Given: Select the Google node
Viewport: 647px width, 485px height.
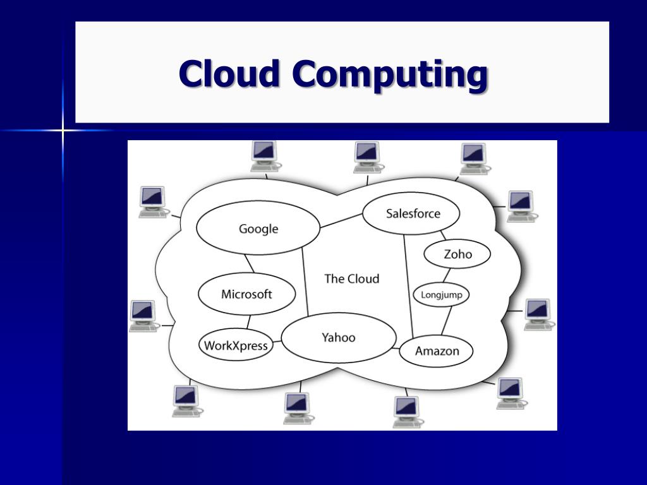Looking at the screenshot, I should [258, 229].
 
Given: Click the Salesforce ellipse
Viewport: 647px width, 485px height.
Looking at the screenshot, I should [412, 213].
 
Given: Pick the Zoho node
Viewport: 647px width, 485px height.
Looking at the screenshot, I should [457, 254].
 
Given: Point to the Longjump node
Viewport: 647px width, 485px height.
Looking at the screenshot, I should [441, 294].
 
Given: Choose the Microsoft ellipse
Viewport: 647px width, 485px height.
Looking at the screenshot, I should [246, 294].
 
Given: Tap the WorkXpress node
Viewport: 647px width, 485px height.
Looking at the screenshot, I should [236, 345].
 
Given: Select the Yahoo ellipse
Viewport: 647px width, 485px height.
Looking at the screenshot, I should [339, 337].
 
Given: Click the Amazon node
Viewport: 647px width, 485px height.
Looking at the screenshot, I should [437, 351].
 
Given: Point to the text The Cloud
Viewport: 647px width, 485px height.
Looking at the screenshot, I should [351, 278].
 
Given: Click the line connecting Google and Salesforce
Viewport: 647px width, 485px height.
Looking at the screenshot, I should [341, 220].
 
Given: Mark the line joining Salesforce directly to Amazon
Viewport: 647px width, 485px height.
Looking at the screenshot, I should [408, 284].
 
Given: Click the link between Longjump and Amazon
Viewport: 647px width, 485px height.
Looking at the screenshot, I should [447, 321].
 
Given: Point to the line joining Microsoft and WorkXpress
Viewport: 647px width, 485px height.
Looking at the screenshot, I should [248, 321].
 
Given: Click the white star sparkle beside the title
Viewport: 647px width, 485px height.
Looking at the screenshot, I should [63, 131].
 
